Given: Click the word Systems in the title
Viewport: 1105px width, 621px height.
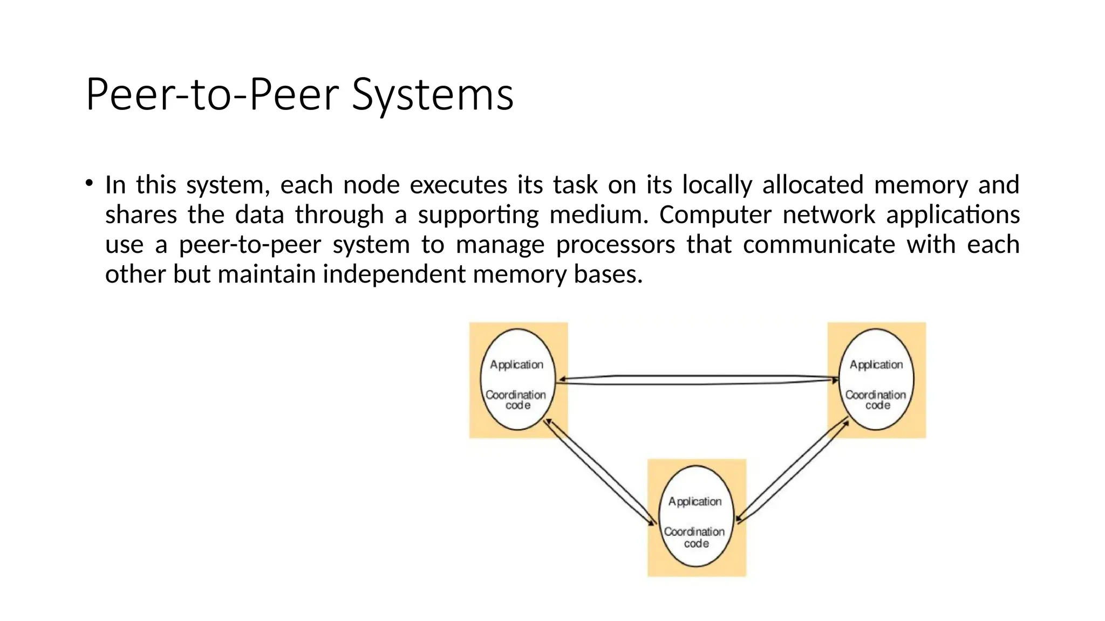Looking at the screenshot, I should [433, 95].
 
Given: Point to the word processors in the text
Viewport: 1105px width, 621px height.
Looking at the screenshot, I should [615, 244].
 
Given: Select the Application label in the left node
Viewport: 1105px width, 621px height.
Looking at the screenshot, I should [516, 365].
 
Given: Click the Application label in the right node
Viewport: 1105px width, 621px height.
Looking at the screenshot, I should [876, 365].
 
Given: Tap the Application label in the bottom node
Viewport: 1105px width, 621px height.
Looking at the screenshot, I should [695, 501].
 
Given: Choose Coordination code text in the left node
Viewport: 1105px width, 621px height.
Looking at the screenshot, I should [516, 400].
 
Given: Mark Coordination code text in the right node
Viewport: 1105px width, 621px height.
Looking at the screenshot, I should [876, 400].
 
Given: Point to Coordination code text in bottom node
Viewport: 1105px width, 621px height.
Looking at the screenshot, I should [695, 537].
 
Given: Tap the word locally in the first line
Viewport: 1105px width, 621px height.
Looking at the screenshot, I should [717, 185].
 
